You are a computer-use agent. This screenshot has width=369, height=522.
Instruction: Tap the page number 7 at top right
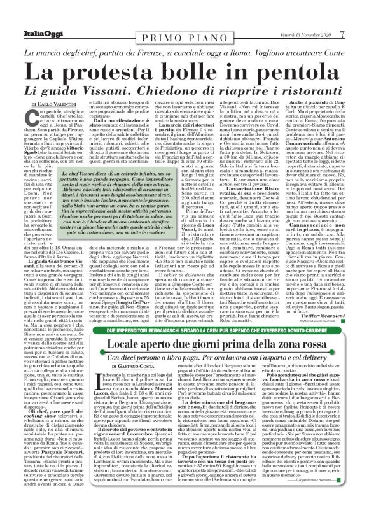(359, 7)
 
